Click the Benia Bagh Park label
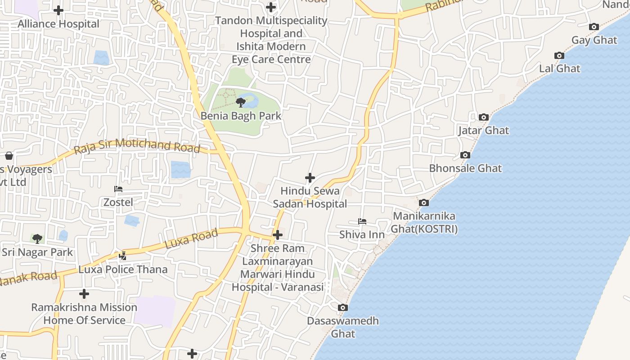point(241,116)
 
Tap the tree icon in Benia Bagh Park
point(241,102)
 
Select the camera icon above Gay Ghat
point(594,27)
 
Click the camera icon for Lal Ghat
point(559,56)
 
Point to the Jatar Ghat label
point(483,130)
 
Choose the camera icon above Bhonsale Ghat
point(465,155)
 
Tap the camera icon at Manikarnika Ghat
point(423,203)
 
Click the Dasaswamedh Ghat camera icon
point(343,308)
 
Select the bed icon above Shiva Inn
point(362,221)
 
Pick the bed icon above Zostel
point(118,189)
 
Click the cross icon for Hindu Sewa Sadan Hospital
point(310,178)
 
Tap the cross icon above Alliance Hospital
point(58,10)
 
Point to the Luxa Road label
point(192,238)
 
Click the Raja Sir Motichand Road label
point(137,146)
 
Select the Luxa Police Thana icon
point(122,256)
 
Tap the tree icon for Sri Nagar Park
point(37,238)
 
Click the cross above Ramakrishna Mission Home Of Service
point(84,294)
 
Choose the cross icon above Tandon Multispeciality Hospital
point(271,7)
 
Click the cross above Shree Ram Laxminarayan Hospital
point(278,235)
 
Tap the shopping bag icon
point(9,156)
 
